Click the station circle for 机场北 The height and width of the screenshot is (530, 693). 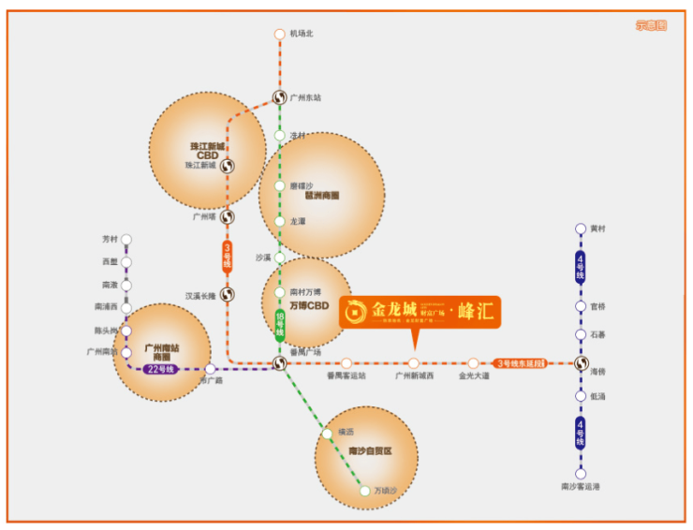tap(279, 35)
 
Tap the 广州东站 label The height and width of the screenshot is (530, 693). tap(305, 97)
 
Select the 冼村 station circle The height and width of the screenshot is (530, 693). tap(279, 135)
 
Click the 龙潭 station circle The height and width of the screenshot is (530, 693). tap(279, 222)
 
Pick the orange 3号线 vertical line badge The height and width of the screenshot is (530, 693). tap(227, 257)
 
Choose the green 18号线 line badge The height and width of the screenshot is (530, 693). tap(279, 323)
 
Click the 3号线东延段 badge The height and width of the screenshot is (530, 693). tap(520, 363)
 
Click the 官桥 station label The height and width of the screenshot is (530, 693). tap(598, 306)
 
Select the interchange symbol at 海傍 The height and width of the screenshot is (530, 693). tap(581, 363)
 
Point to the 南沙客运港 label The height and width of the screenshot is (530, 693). tap(580, 487)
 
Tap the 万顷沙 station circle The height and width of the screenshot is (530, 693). tap(365, 490)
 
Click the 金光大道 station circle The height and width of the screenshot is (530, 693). tap(473, 363)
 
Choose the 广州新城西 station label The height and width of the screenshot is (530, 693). tap(413, 376)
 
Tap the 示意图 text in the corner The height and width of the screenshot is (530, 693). tap(650, 25)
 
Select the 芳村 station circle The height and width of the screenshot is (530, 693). tap(126, 240)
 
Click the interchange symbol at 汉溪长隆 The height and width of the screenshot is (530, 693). tap(227, 295)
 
